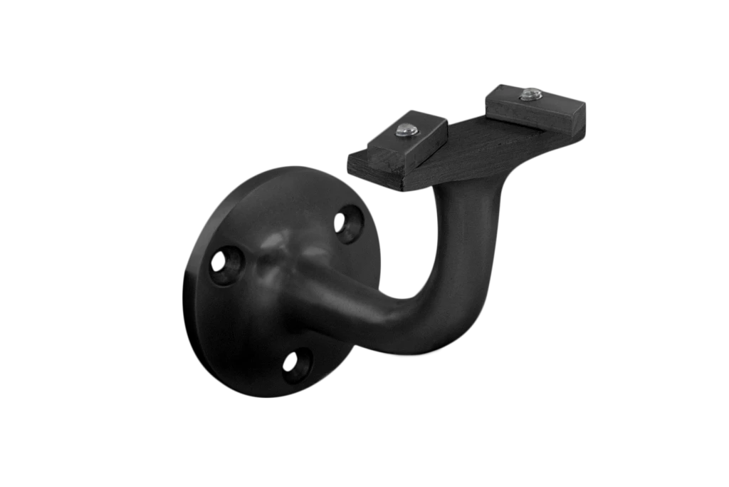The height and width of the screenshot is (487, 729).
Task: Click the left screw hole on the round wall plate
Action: [227, 265]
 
